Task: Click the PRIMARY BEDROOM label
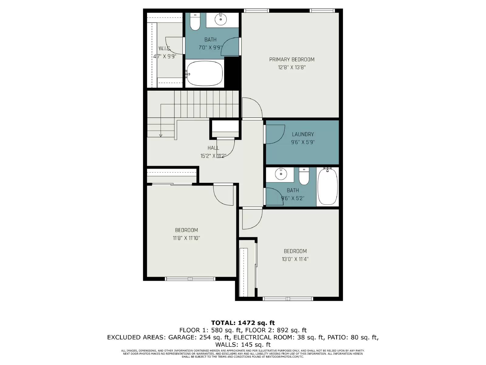292,59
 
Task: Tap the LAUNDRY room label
303,134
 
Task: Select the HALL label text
213,148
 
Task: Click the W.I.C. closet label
165,49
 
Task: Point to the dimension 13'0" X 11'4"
295,259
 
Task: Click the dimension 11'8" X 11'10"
186,238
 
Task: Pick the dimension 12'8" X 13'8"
292,68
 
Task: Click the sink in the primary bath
221,19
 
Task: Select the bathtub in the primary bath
204,73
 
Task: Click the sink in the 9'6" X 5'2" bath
281,174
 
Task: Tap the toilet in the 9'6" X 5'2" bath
304,177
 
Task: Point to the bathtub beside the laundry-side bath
327,186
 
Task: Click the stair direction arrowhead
161,135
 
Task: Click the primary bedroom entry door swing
252,108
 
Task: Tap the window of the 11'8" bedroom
190,279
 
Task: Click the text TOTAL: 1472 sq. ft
243,323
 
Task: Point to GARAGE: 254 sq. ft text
199,337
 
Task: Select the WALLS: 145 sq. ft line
243,345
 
